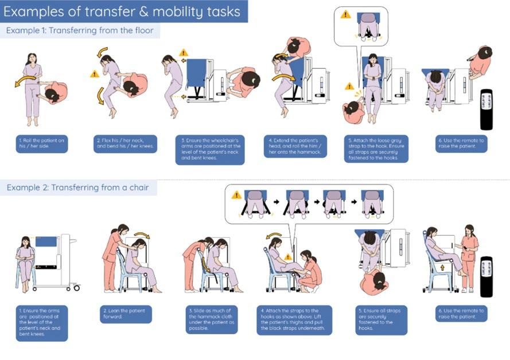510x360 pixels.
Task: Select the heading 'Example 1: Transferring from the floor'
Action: coord(80,30)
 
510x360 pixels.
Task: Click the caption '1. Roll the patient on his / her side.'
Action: coord(42,143)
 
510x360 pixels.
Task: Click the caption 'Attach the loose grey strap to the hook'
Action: coord(376,148)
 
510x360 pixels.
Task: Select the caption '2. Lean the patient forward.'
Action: coord(126,314)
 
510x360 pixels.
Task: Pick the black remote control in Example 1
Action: coord(486,109)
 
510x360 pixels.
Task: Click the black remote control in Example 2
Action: coord(486,276)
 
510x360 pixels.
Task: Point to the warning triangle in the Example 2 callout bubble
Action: coord(236,195)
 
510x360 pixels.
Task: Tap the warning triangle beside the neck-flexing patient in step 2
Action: coord(95,73)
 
